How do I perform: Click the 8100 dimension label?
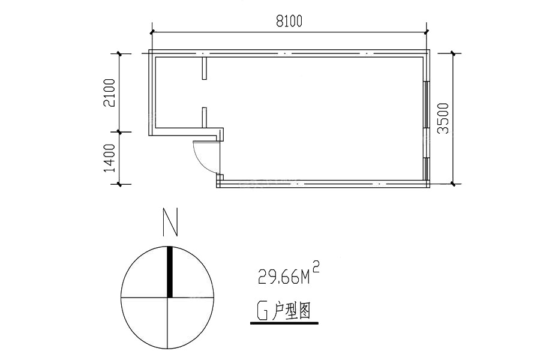pos(289,21)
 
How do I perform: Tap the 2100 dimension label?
pos(110,92)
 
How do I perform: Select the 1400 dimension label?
pos(110,158)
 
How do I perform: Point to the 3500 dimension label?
pos(443,119)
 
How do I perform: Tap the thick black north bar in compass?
pos(169,272)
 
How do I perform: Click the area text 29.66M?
pos(284,278)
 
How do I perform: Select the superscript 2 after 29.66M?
pos(316,266)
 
